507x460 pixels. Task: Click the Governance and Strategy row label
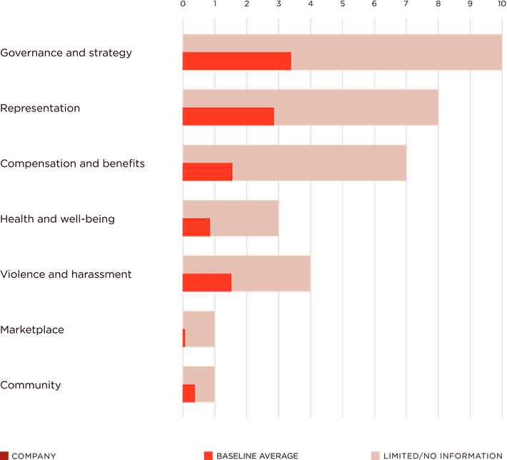click(x=66, y=53)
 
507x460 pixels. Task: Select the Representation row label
click(x=40, y=109)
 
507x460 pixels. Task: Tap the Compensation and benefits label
click(x=73, y=164)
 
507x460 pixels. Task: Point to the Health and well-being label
click(x=58, y=219)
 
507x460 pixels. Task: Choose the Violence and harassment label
click(x=66, y=274)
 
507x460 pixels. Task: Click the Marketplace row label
click(x=32, y=329)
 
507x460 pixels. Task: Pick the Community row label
click(x=30, y=385)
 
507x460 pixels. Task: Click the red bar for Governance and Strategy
click(x=236, y=61)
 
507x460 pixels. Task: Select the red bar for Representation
click(x=227, y=116)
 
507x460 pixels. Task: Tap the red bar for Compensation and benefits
click(x=206, y=172)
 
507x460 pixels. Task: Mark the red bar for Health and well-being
click(x=195, y=227)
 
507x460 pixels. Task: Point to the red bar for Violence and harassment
click(x=206, y=283)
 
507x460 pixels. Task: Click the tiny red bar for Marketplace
click(x=184, y=338)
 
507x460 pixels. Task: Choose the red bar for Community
click(x=188, y=394)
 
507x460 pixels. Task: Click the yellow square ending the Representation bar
click(x=453, y=108)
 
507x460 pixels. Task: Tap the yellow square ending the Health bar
click(x=293, y=219)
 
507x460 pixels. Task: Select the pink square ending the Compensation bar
click(x=421, y=163)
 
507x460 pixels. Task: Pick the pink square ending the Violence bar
click(x=326, y=274)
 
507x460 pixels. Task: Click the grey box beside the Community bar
click(x=230, y=384)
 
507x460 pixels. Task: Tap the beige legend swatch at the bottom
click(x=375, y=455)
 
